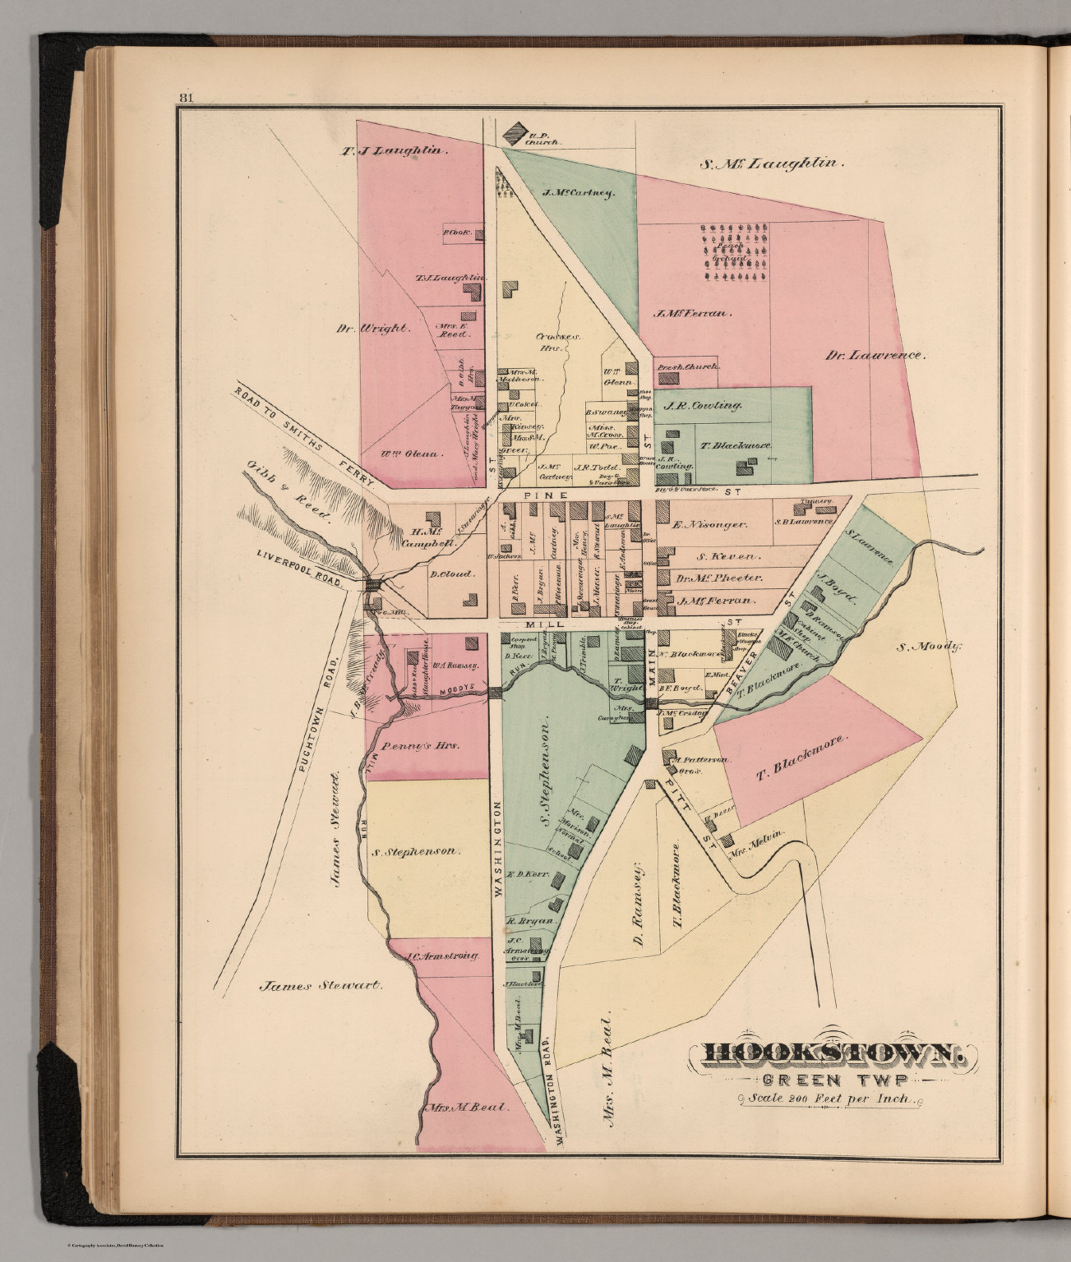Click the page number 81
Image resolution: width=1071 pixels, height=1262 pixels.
185,99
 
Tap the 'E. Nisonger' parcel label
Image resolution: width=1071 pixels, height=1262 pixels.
709,523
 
